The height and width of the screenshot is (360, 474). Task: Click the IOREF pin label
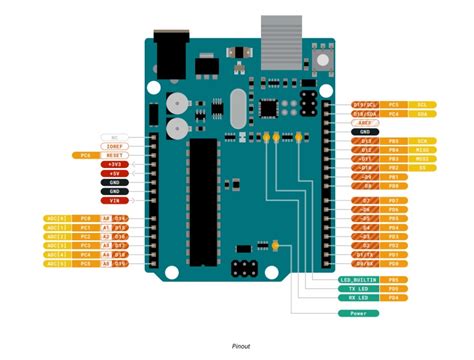point(115,146)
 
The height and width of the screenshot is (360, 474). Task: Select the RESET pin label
point(115,155)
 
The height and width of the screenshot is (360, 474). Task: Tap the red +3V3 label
point(115,164)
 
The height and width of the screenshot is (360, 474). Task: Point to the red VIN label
point(115,200)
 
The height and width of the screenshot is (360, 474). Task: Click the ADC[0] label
point(56,218)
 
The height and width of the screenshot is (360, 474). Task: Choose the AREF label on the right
point(364,122)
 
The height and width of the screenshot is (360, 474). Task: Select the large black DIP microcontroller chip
point(203,200)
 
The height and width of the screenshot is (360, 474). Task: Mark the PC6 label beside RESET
point(84,155)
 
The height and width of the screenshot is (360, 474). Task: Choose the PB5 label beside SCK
point(394,140)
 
